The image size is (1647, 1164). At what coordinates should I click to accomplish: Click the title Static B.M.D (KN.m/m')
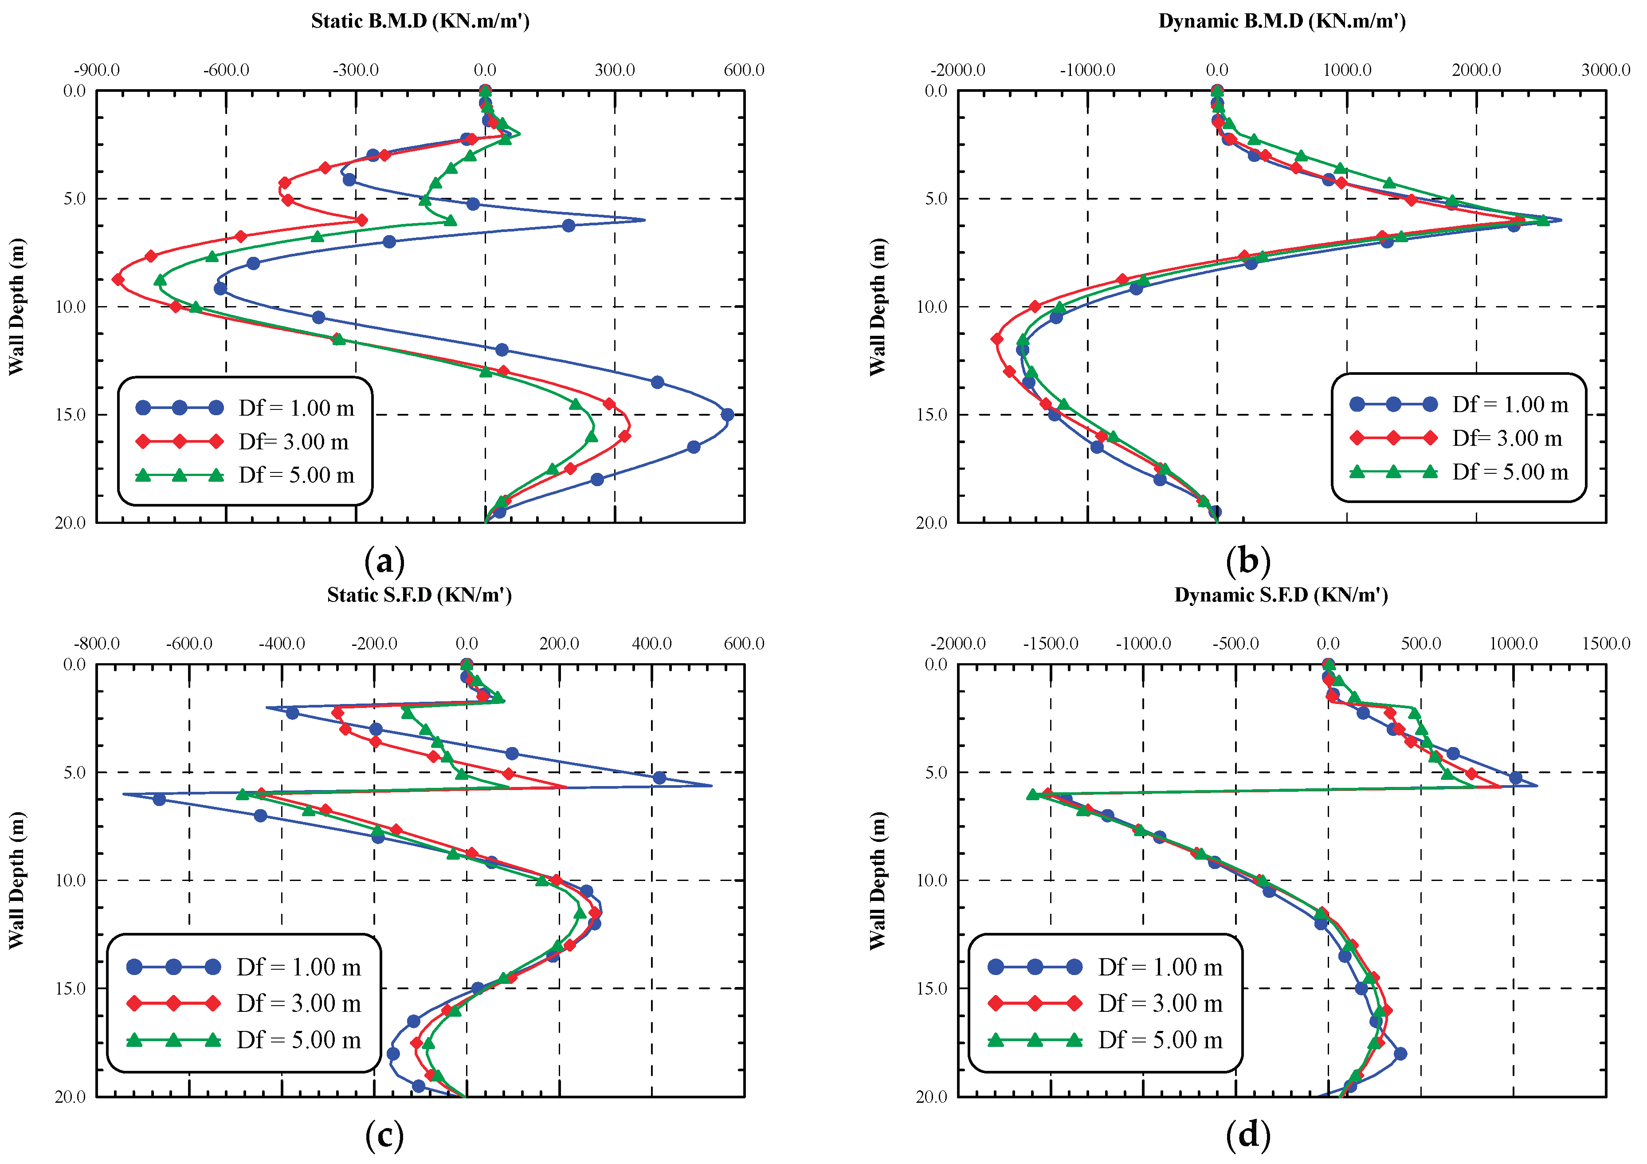pyautogui.click(x=420, y=21)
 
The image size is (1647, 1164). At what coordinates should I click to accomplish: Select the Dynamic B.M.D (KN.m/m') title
pyautogui.click(x=1282, y=21)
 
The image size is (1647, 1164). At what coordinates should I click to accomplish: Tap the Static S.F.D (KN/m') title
pyautogui.click(x=420, y=595)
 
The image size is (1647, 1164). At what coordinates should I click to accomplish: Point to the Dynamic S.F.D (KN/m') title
pyautogui.click(x=1281, y=595)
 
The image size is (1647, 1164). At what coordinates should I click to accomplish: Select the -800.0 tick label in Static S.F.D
pyautogui.click(x=97, y=644)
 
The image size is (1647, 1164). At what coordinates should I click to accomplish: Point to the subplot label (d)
pyautogui.click(x=1248, y=1135)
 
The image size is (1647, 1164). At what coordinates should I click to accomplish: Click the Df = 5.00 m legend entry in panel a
pyautogui.click(x=296, y=475)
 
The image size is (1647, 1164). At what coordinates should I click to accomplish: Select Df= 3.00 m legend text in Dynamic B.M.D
pyautogui.click(x=1507, y=438)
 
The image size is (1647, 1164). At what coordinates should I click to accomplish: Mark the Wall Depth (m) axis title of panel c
pyautogui.click(x=16, y=881)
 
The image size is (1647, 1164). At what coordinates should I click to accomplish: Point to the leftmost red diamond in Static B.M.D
pyautogui.click(x=118, y=279)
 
